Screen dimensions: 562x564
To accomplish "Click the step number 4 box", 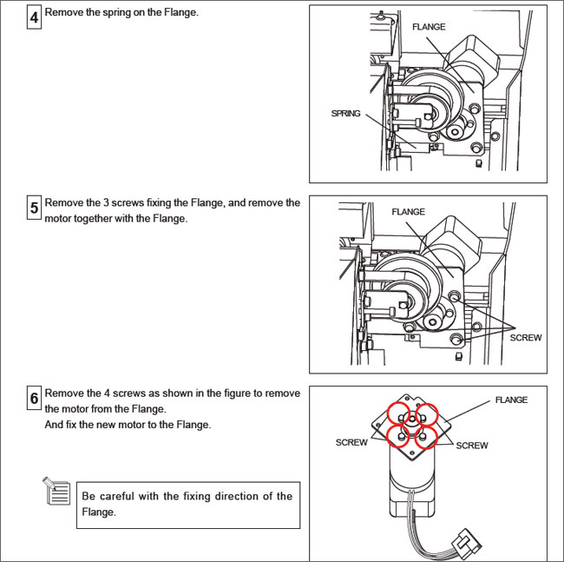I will coord(34,17).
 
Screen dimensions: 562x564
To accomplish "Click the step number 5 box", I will coord(34,208).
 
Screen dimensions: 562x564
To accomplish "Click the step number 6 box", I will coord(34,400).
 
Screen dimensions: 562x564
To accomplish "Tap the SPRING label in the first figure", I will coord(345,114).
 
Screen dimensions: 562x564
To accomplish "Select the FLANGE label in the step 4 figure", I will coord(429,27).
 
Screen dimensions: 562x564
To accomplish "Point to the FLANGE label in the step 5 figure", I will coord(408,212).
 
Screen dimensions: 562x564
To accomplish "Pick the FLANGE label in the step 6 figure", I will coord(511,400).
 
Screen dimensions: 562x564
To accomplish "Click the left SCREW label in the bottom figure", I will coord(351,443).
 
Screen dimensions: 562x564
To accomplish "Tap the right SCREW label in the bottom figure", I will coord(471,446).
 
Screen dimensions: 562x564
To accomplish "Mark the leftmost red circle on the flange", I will coord(400,433).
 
